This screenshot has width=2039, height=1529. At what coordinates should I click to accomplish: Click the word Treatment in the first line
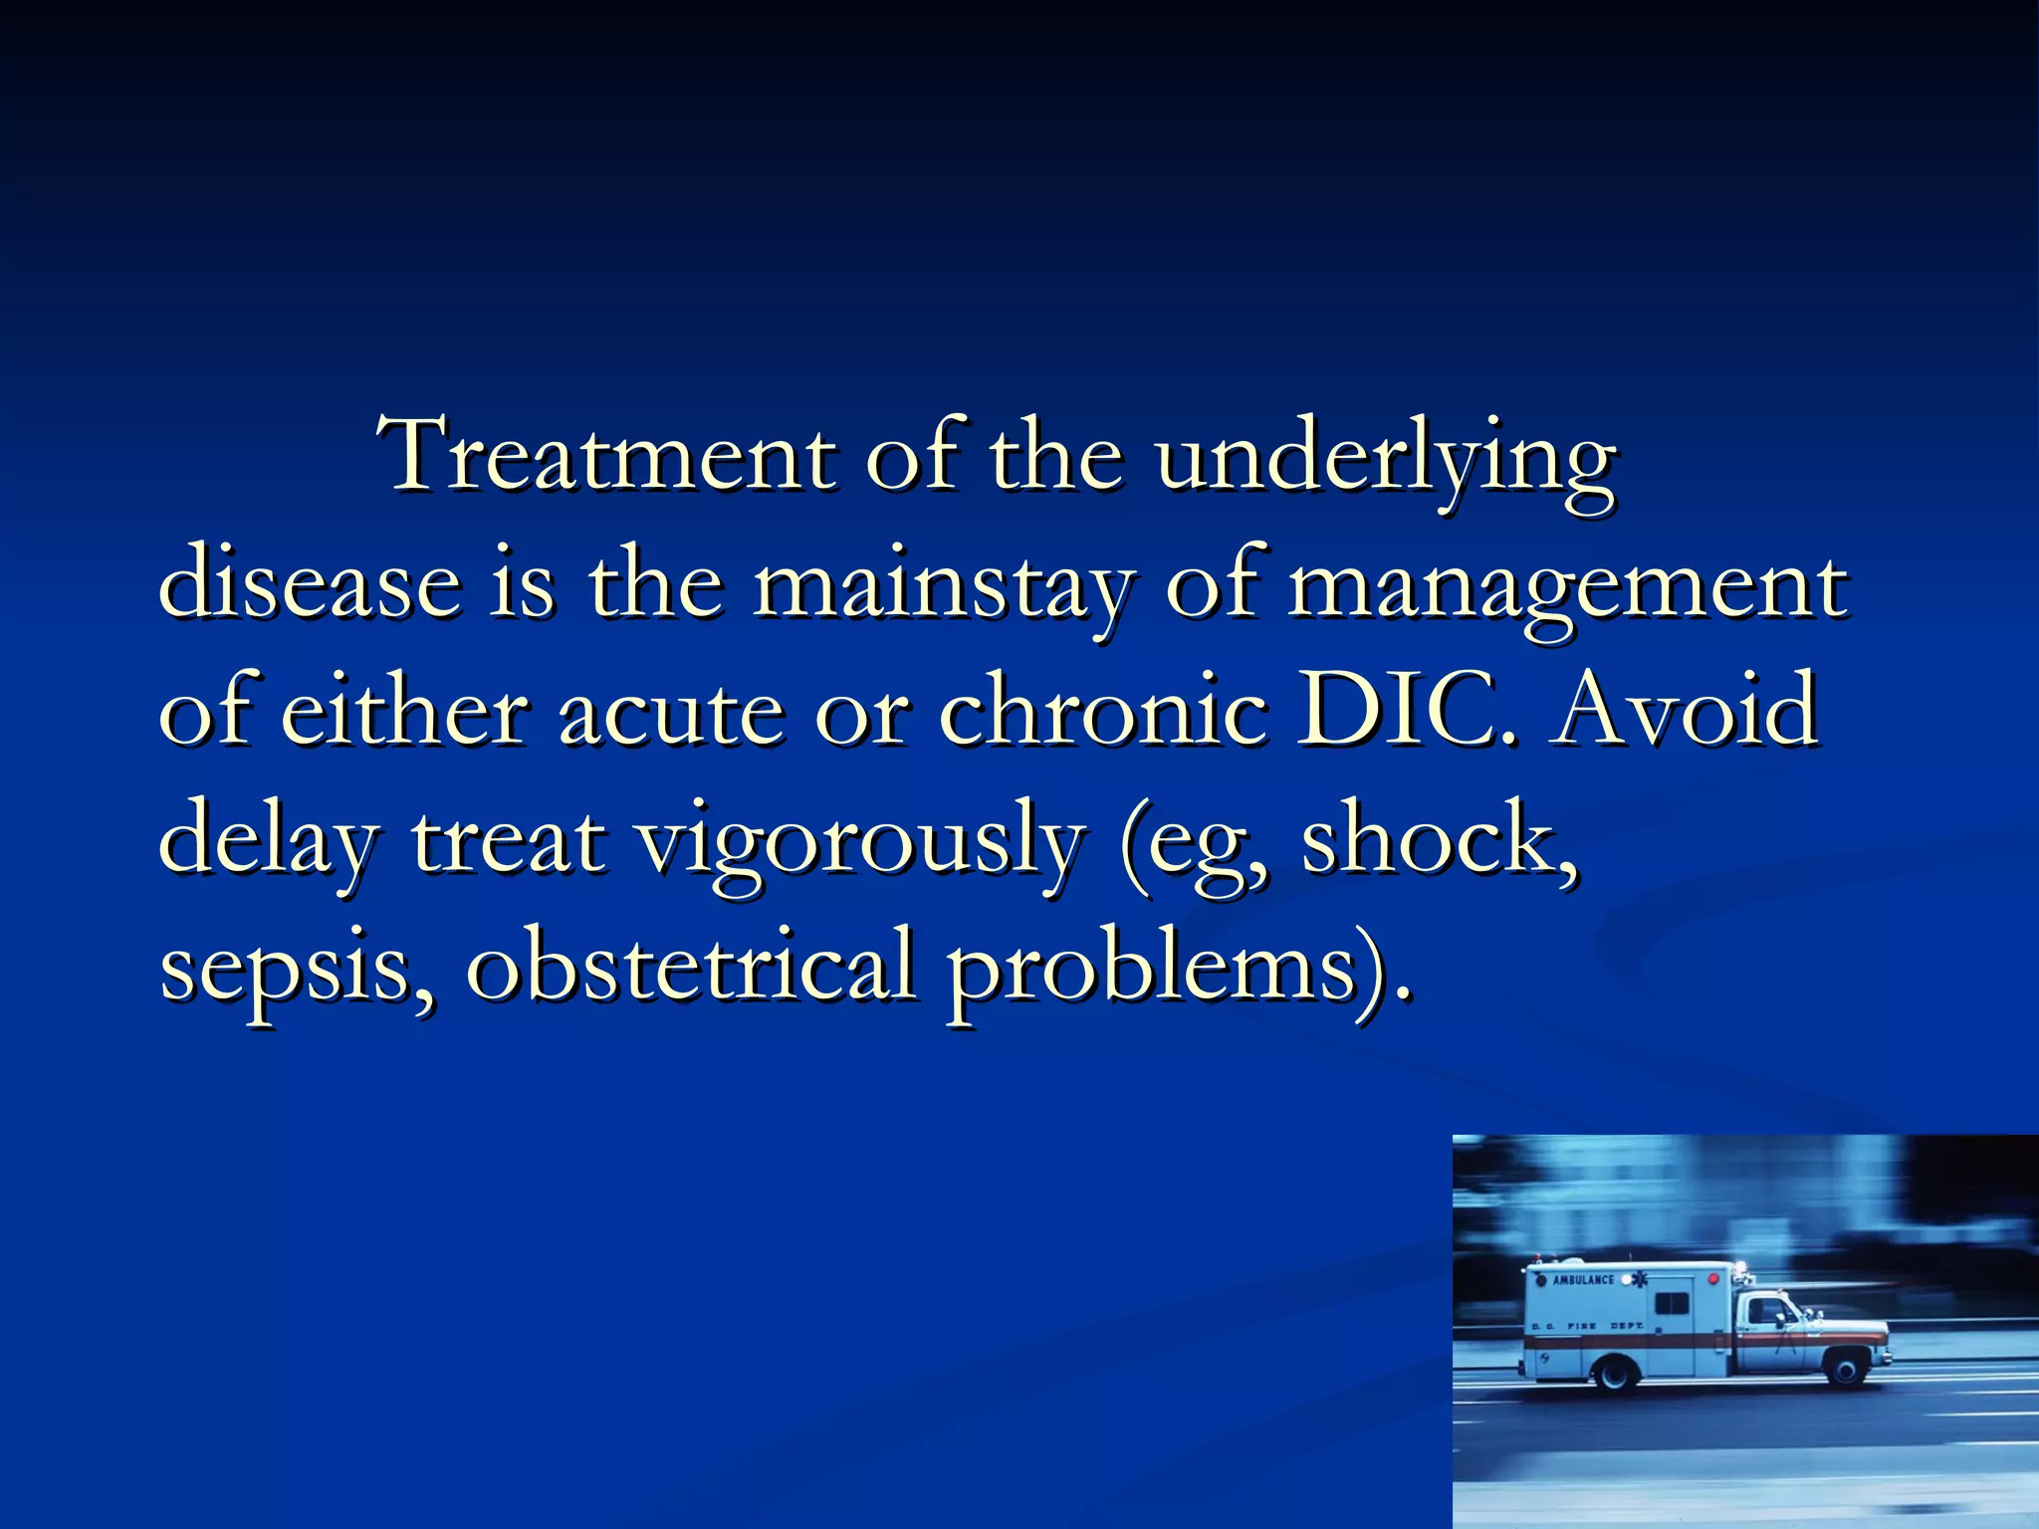tap(607, 456)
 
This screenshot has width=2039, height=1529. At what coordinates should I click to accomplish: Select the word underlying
tap(1384, 460)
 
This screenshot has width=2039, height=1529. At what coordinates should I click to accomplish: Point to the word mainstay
tap(942, 587)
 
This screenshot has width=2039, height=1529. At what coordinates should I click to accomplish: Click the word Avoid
tap(1689, 710)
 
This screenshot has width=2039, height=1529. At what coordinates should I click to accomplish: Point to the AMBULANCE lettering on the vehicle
tap(1583, 1279)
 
